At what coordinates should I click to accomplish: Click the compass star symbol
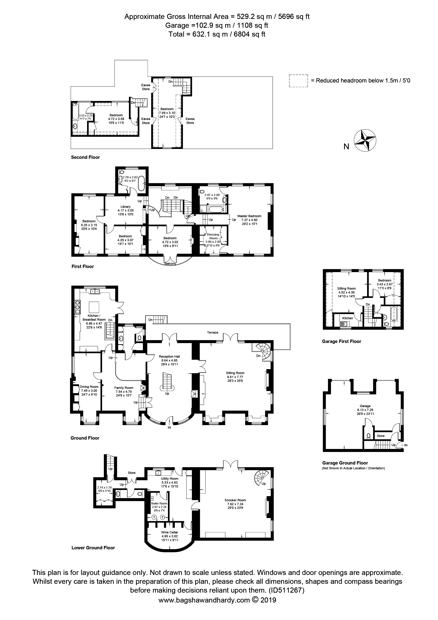click(365, 140)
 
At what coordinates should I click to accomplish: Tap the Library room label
click(126, 207)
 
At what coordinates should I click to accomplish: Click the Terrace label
click(213, 332)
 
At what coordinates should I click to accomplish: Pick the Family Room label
click(124, 388)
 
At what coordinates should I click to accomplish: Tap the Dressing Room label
click(213, 236)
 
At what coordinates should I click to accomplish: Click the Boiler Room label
click(159, 503)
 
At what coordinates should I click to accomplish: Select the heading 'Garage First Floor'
click(341, 341)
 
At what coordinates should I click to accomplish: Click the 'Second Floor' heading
click(85, 157)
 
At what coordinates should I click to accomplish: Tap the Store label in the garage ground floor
click(381, 436)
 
